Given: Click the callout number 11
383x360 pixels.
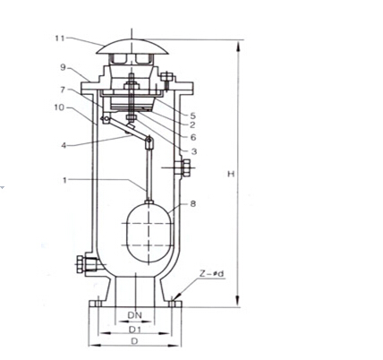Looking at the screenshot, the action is tap(60, 39).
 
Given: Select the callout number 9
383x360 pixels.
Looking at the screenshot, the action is tap(63, 67).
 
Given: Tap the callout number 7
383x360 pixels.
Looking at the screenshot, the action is tap(63, 90).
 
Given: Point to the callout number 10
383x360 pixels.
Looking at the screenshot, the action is tap(59, 107).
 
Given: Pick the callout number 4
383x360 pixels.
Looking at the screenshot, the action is tap(64, 145).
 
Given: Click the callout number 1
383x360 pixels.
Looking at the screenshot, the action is tap(64, 180).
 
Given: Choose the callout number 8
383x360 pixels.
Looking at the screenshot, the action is tap(193, 204).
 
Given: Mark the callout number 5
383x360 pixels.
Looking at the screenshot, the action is tap(192, 116).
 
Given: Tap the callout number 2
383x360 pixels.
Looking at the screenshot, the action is tap(192, 124).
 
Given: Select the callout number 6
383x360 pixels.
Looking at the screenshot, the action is tap(193, 137).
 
